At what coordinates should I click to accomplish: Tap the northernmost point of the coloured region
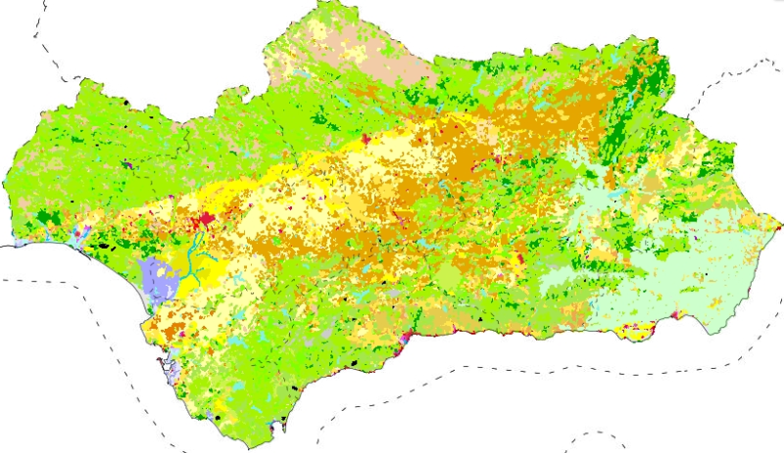pyautogui.click(x=323, y=4)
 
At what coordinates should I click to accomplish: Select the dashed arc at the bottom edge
pyautogui.click(x=593, y=437)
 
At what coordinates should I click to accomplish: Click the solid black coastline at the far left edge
pyautogui.click(x=8, y=248)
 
